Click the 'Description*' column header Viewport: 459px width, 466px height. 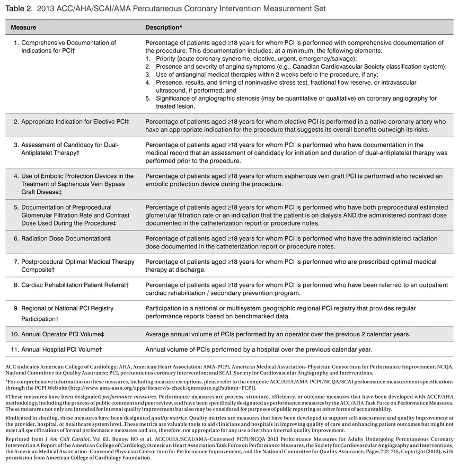pos(164,26)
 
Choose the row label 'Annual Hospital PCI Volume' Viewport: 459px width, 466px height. pos(61,349)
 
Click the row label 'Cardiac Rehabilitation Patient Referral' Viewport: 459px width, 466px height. pos(74,285)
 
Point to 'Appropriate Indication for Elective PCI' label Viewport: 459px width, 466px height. pos(75,122)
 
